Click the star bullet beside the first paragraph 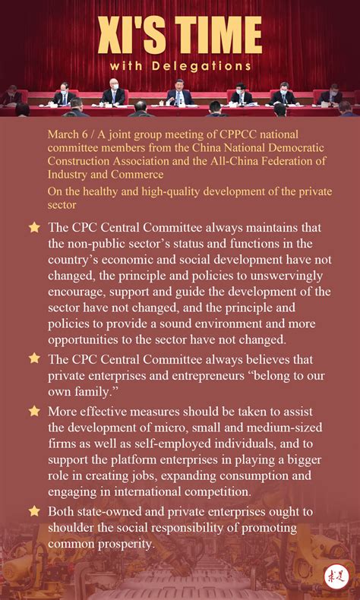[x=34, y=227]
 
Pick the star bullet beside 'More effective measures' [x=34, y=411]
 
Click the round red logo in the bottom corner [x=334, y=575]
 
